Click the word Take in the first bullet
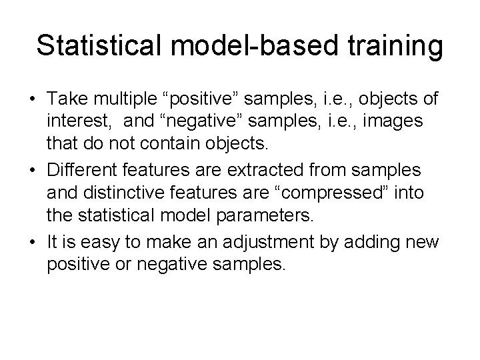(67, 99)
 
